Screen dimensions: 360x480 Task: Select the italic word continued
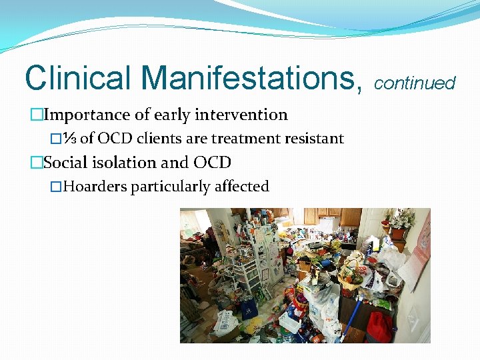click(x=415, y=83)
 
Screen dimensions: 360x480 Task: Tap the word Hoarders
click(x=95, y=187)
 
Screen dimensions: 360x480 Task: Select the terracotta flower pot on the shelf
click(x=398, y=233)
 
